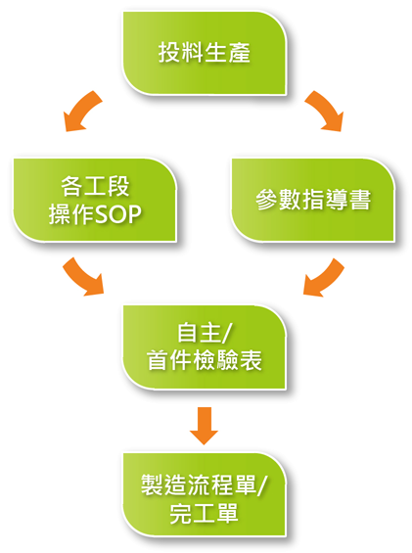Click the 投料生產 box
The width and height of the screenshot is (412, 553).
(x=205, y=53)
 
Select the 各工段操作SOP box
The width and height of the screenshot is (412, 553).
(x=95, y=200)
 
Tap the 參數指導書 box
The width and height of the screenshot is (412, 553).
(x=313, y=200)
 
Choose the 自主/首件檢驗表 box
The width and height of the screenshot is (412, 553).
(x=205, y=347)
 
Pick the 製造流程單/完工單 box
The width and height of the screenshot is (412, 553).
(x=205, y=495)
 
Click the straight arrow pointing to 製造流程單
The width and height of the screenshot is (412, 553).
(x=204, y=426)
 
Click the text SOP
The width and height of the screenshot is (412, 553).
(x=118, y=214)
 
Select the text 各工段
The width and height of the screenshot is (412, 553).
(x=95, y=186)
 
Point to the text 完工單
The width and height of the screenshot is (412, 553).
(x=204, y=514)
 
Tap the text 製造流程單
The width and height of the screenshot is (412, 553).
(x=199, y=484)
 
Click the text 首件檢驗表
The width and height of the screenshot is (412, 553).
(x=205, y=360)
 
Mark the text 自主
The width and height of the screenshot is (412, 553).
(x=200, y=332)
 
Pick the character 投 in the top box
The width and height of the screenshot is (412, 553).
(x=169, y=53)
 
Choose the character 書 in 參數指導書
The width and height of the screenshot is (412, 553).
(x=359, y=200)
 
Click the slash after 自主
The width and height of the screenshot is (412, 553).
(x=227, y=333)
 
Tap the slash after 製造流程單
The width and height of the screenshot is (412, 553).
(x=261, y=485)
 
